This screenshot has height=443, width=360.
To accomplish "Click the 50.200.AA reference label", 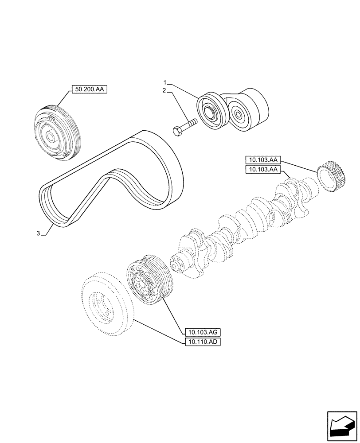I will coord(90,90).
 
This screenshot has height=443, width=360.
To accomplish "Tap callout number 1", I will coord(164,83).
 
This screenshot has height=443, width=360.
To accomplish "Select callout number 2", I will coord(164,90).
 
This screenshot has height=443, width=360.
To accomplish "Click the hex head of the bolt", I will coord(177,132).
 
